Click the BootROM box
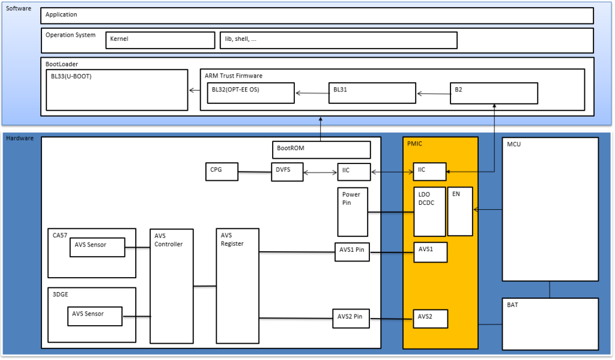(321, 149)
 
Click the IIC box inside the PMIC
(430, 172)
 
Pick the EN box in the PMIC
(460, 211)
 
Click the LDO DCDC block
(430, 211)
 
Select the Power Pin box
(353, 212)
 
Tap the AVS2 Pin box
(351, 318)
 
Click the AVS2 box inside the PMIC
(430, 318)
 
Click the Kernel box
(160, 40)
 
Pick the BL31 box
(372, 93)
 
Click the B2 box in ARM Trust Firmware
(494, 93)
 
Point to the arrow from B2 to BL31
(434, 93)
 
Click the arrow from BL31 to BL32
(312, 93)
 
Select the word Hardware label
(19, 139)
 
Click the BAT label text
(513, 305)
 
